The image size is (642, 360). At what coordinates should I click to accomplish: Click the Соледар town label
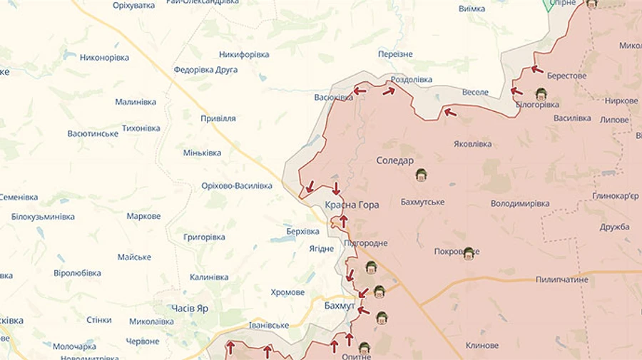pyautogui.click(x=395, y=161)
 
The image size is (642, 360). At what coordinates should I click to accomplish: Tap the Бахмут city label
pyautogui.click(x=339, y=306)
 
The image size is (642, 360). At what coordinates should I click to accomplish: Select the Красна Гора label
pyautogui.click(x=352, y=205)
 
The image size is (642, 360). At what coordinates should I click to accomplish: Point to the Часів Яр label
pyautogui.click(x=190, y=308)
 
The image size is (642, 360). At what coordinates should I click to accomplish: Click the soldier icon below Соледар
pyautogui.click(x=421, y=175)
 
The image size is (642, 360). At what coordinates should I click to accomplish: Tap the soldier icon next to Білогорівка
pyautogui.click(x=541, y=93)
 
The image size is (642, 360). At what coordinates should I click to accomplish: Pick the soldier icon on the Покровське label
pyautogui.click(x=469, y=253)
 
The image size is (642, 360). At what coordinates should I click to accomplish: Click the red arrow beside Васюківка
pyautogui.click(x=360, y=91)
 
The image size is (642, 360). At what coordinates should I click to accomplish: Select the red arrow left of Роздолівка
pyautogui.click(x=389, y=91)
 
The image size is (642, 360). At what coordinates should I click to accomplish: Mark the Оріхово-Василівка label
pyautogui.click(x=237, y=186)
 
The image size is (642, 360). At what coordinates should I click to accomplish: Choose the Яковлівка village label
pyautogui.click(x=472, y=143)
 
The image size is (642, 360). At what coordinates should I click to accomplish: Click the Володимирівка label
pyautogui.click(x=520, y=203)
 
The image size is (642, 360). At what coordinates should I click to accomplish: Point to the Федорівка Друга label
pyautogui.click(x=206, y=70)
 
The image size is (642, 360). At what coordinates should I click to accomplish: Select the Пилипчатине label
pyautogui.click(x=562, y=279)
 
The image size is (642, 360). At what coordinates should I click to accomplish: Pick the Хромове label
pyautogui.click(x=287, y=292)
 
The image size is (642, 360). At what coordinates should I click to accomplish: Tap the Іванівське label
pyautogui.click(x=268, y=325)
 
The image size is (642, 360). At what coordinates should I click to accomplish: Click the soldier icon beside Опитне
pyautogui.click(x=365, y=348)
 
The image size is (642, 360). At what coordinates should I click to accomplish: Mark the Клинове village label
pyautogui.click(x=482, y=345)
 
